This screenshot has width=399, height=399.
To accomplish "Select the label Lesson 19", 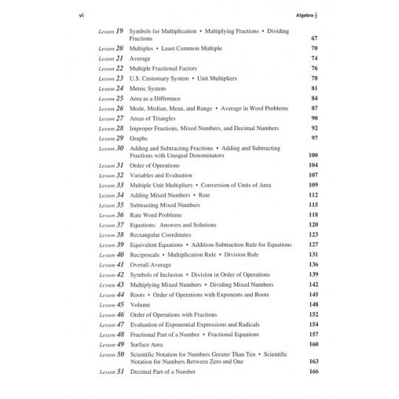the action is click(x=110, y=32).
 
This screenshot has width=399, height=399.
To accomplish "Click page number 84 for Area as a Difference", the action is click(x=313, y=98).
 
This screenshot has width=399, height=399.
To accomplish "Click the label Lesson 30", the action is click(x=110, y=149).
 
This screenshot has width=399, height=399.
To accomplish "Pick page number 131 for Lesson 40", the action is click(x=312, y=254).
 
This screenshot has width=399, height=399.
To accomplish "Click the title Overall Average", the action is click(x=149, y=265).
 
